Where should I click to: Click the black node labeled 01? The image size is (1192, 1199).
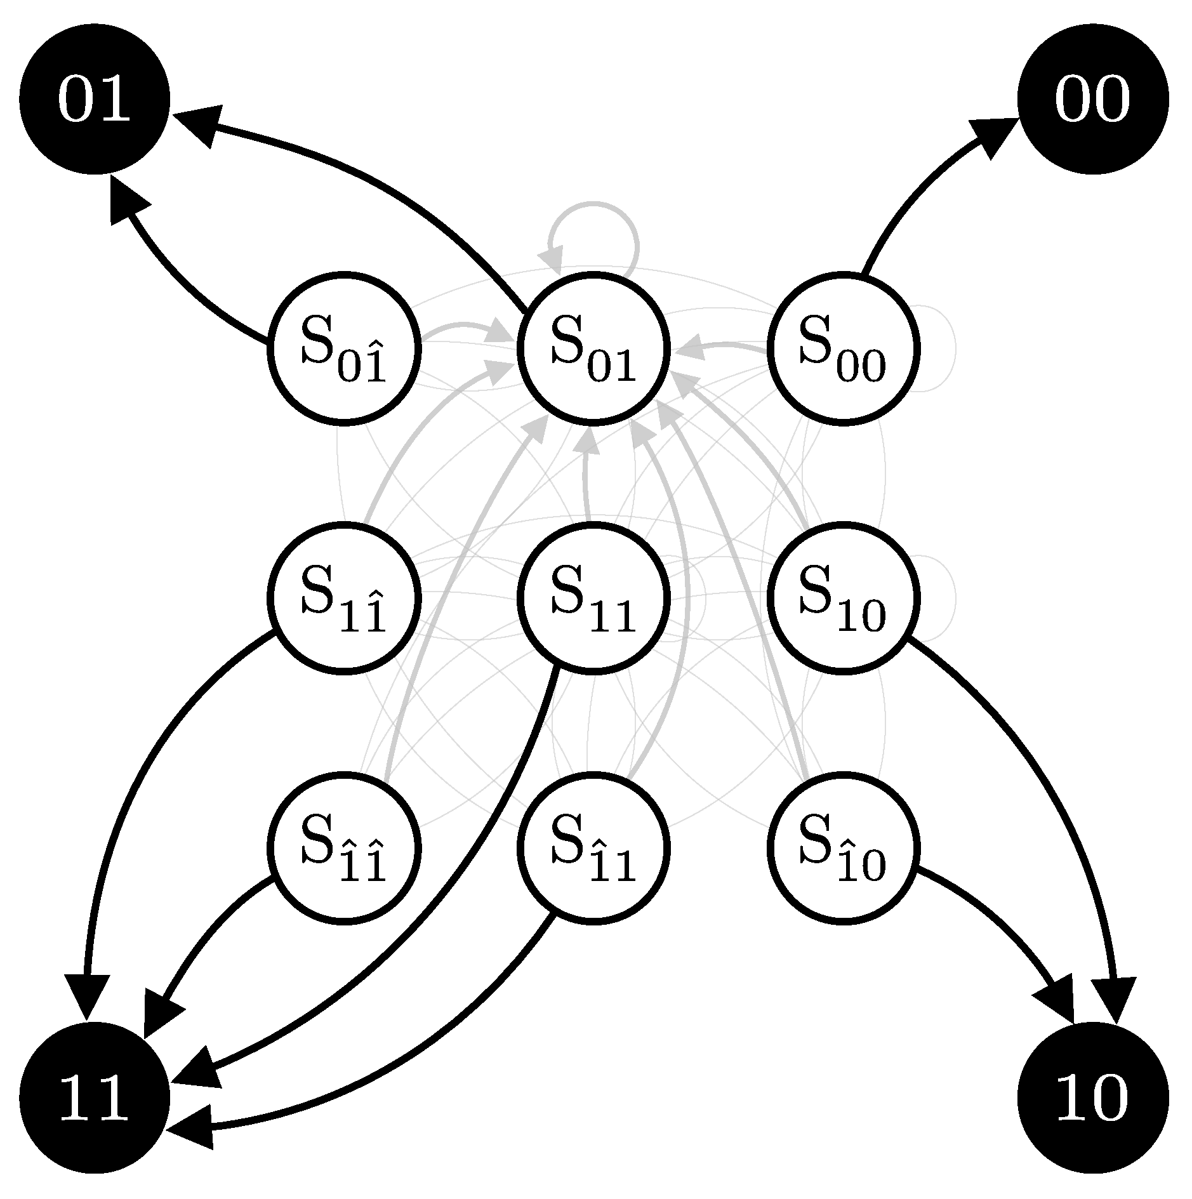click(x=95, y=99)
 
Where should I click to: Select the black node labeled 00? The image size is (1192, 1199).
click(x=1092, y=99)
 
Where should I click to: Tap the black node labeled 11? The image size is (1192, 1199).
click(x=95, y=1097)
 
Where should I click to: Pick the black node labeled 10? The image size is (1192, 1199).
click(x=1092, y=1097)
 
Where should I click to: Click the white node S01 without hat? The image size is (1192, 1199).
click(x=593, y=348)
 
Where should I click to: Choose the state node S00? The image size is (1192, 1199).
click(x=843, y=348)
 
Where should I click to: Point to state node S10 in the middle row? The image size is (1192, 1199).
click(x=843, y=597)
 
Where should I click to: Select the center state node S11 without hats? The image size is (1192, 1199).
click(x=593, y=597)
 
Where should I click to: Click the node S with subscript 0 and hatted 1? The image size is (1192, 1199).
click(x=343, y=348)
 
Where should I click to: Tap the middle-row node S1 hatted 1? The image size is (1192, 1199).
click(x=343, y=597)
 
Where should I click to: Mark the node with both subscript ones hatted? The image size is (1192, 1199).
click(x=343, y=847)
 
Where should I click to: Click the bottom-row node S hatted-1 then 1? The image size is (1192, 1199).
click(x=593, y=847)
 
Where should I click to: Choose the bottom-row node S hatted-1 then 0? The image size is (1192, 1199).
click(x=843, y=847)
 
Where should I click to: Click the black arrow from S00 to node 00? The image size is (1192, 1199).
click(x=908, y=203)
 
